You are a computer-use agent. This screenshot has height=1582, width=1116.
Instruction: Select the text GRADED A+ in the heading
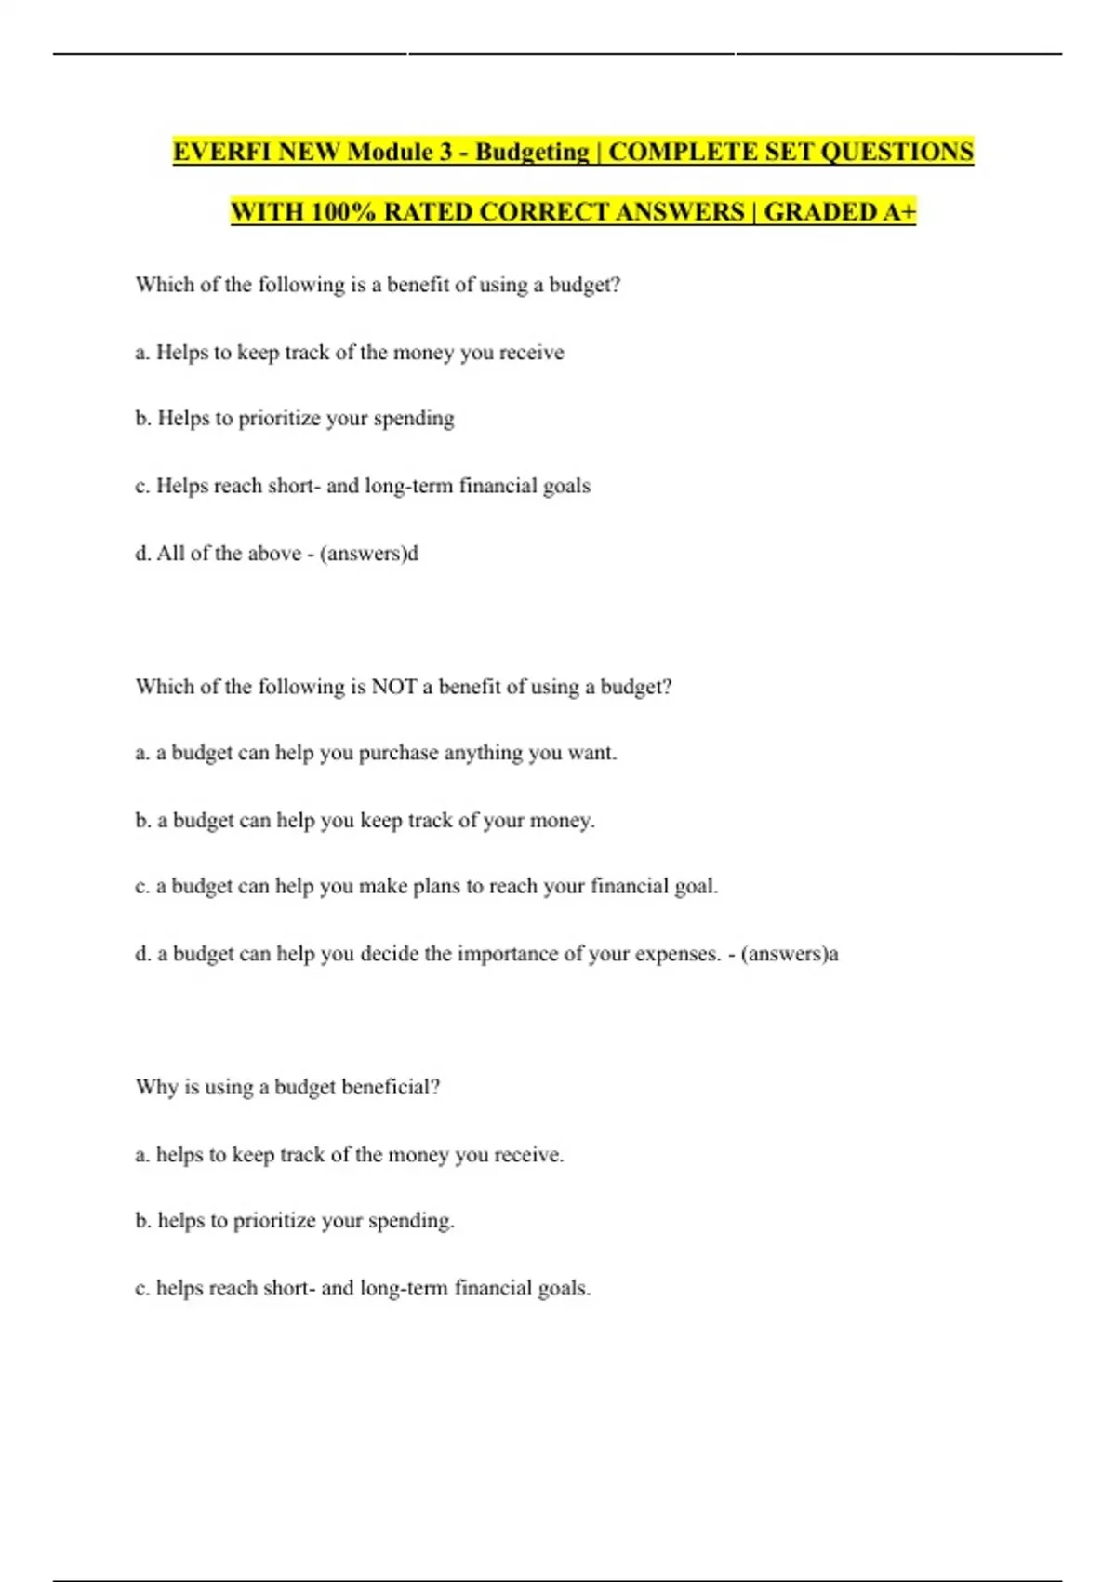840,212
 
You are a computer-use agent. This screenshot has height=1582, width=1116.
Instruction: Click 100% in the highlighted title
342,212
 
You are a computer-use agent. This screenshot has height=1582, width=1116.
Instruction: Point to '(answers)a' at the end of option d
790,954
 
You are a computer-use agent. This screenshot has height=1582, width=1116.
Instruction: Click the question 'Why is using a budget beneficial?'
287,1087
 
